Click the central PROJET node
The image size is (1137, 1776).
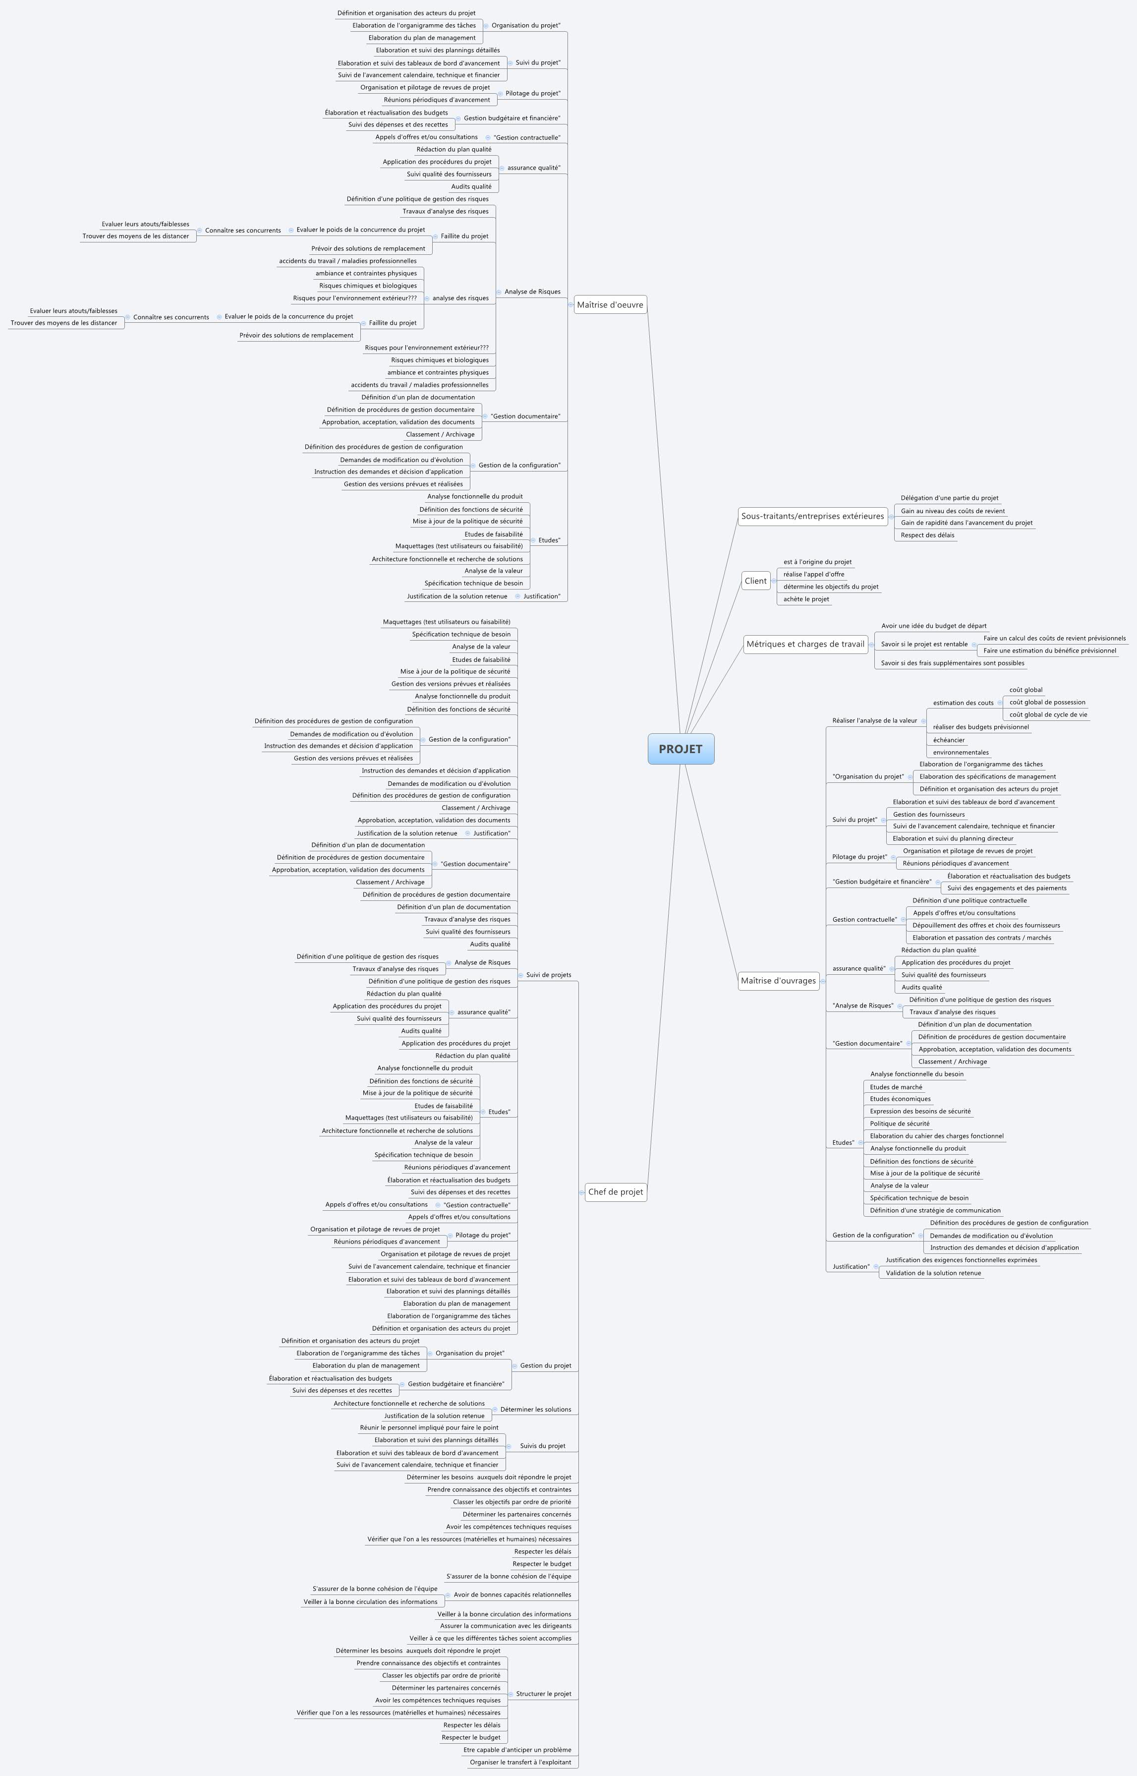[x=681, y=749]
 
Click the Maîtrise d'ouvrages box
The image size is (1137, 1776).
[x=778, y=981]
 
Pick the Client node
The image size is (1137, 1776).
[x=755, y=581]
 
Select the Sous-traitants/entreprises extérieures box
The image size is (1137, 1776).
[x=812, y=516]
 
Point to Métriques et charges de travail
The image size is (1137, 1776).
[x=805, y=644]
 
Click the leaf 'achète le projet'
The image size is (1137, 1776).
[x=806, y=599]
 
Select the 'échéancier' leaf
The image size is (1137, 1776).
[x=949, y=740]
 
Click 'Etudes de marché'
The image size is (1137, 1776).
[x=896, y=1087]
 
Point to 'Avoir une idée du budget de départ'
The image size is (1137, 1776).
[x=933, y=626]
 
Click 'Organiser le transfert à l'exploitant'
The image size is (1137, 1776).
[x=520, y=1762]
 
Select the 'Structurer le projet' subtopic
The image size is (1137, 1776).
[x=543, y=1693]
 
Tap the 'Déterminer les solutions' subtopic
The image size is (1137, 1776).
[x=535, y=1409]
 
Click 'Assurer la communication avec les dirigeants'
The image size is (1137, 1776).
[x=505, y=1625]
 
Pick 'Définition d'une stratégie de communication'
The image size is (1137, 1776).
[x=935, y=1210]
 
